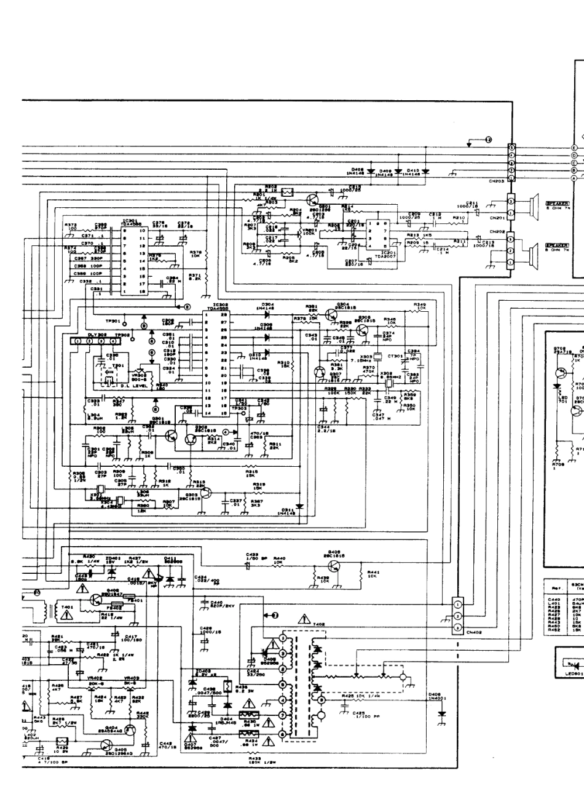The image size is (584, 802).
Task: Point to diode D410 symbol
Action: tap(408, 171)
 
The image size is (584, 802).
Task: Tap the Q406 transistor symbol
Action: tap(334, 566)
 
